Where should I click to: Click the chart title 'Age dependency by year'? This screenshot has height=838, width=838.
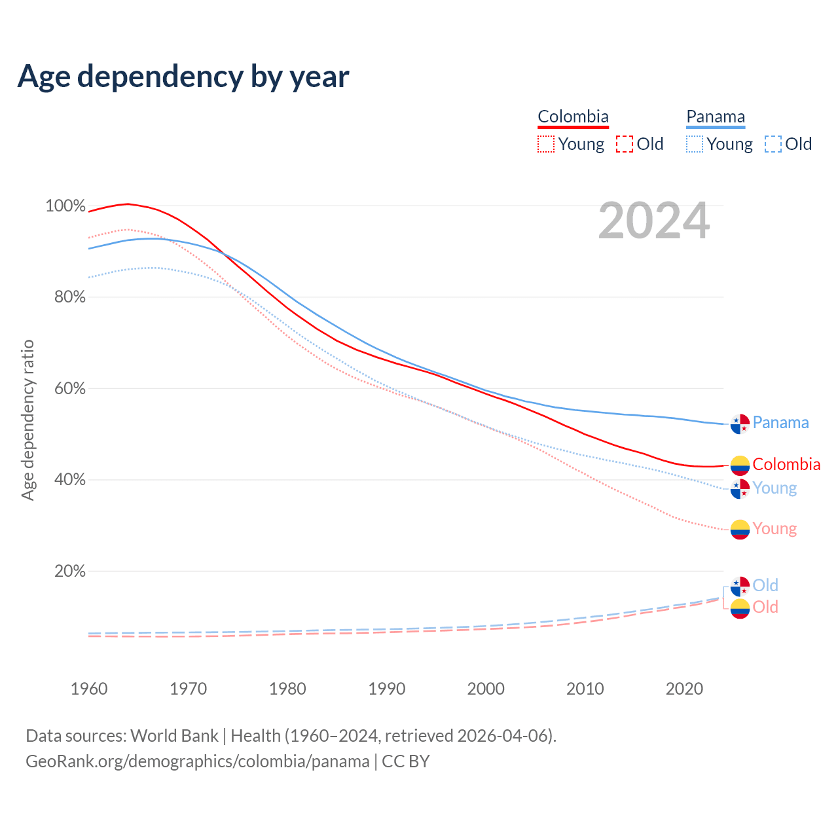click(x=183, y=76)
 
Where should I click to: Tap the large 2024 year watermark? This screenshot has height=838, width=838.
click(x=653, y=221)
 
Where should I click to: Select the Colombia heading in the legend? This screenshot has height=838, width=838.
click(x=573, y=117)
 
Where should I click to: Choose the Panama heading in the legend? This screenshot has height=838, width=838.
click(x=716, y=117)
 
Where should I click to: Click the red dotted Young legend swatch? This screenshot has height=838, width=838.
click(x=545, y=144)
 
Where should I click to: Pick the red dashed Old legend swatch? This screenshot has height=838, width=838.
click(x=625, y=144)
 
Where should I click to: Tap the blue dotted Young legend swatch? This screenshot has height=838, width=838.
click(x=695, y=144)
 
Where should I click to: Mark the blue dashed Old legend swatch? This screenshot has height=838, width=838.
click(x=773, y=144)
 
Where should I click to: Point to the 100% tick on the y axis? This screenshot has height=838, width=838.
click(x=65, y=206)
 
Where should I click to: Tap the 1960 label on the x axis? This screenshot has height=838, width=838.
click(x=89, y=689)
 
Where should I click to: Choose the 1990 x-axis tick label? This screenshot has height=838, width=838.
click(x=387, y=689)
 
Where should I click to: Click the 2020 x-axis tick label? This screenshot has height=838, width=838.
click(x=684, y=689)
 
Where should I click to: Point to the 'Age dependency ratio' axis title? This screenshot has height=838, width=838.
click(x=27, y=420)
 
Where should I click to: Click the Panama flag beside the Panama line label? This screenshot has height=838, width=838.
click(x=740, y=424)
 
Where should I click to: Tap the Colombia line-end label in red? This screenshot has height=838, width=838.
click(x=786, y=464)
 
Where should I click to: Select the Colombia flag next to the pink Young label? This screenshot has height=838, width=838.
click(x=740, y=530)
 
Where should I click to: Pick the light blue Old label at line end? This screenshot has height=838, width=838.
click(x=765, y=585)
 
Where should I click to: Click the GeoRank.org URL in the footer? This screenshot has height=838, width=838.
click(x=198, y=761)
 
